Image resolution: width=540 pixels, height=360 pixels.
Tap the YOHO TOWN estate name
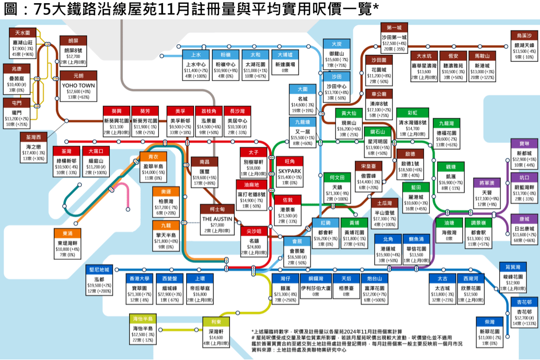(x=79, y=85)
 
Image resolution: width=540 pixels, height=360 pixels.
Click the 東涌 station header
(x=67, y=233)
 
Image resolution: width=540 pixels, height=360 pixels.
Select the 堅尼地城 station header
(x=99, y=269)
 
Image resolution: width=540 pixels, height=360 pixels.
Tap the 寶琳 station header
(x=524, y=143)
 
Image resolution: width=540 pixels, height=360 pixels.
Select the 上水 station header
(x=195, y=55)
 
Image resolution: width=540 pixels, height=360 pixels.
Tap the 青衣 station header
(x=152, y=156)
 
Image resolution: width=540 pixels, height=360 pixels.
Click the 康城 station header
(x=524, y=218)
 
